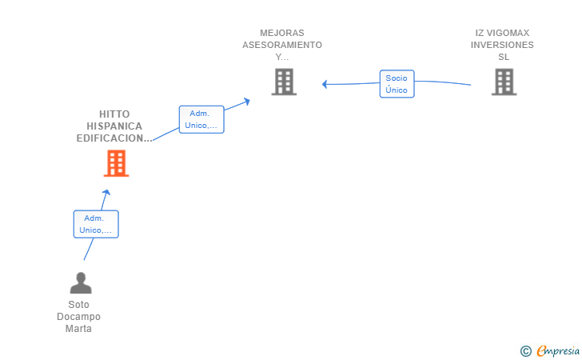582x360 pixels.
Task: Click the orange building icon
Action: pyautogui.click(x=117, y=163)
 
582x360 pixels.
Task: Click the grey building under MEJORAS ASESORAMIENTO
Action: pyautogui.click(x=284, y=82)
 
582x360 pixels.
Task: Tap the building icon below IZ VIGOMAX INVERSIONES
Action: pyautogui.click(x=503, y=82)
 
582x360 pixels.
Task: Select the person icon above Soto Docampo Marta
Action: pyautogui.click(x=80, y=283)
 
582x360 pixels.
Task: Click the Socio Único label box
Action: pyautogui.click(x=397, y=84)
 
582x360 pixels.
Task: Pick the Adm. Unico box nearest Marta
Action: pyautogui.click(x=96, y=224)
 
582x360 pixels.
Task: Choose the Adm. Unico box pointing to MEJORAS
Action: pyautogui.click(x=201, y=119)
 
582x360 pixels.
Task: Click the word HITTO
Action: pyautogui.click(x=114, y=114)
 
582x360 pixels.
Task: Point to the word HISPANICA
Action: pyautogui.click(x=114, y=126)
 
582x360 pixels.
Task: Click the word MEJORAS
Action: pyautogui.click(x=282, y=33)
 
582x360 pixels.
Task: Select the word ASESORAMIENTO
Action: pyautogui.click(x=282, y=45)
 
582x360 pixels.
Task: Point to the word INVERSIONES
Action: pyautogui.click(x=502, y=45)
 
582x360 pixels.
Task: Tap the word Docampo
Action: pyautogui.click(x=79, y=317)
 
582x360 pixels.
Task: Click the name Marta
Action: pyautogui.click(x=79, y=329)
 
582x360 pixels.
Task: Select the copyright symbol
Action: pyautogui.click(x=525, y=350)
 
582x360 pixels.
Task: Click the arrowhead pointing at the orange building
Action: pyautogui.click(x=106, y=192)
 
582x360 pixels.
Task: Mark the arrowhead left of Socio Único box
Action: pyautogui.click(x=325, y=83)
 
